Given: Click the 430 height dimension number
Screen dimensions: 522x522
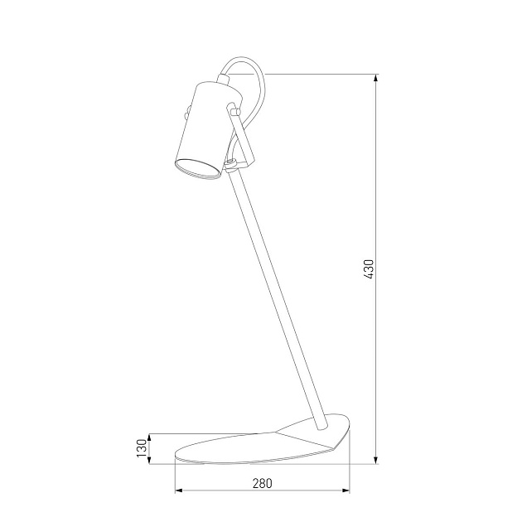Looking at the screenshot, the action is click(369, 269).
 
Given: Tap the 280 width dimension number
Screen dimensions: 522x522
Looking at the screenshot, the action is click(262, 483).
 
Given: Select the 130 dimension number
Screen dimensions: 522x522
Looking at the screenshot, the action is click(142, 448).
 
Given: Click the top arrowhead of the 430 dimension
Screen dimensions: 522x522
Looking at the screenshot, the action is click(376, 78).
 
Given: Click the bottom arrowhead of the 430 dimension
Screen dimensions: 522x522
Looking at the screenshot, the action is click(376, 459).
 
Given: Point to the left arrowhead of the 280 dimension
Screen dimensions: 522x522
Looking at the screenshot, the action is click(180, 490).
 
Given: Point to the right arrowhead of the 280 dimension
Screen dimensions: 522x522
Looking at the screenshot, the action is click(345, 490).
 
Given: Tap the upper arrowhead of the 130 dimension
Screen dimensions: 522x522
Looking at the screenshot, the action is click(149, 438).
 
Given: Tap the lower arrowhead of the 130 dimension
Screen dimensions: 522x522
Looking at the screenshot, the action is click(149, 459).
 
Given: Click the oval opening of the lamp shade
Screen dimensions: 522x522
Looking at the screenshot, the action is click(198, 170).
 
